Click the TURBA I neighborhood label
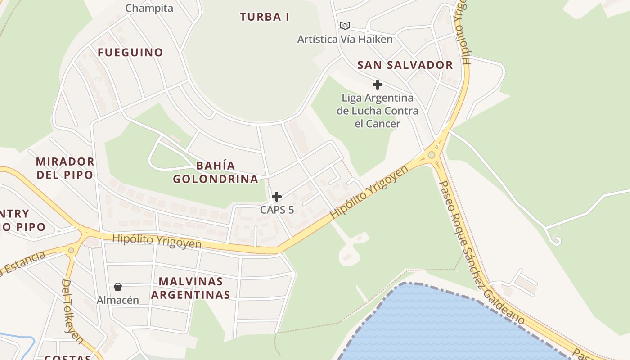point(265,17)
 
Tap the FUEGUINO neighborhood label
point(130,52)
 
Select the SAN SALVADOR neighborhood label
point(405,65)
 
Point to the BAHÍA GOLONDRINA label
point(216,172)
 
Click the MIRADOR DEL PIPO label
point(65,168)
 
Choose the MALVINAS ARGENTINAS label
point(191,288)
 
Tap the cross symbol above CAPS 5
point(277,197)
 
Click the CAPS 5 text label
point(277,210)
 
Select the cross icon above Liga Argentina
point(378,85)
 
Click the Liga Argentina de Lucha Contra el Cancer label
point(378,111)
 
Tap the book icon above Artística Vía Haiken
point(345,26)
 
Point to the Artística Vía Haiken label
point(345,40)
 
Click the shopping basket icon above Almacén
point(118,287)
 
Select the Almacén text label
point(118,300)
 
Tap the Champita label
point(149,8)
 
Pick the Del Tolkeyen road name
point(72,310)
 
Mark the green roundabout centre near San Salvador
point(432,155)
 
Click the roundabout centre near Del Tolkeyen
point(71,250)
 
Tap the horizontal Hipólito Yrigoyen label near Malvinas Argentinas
point(157,241)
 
